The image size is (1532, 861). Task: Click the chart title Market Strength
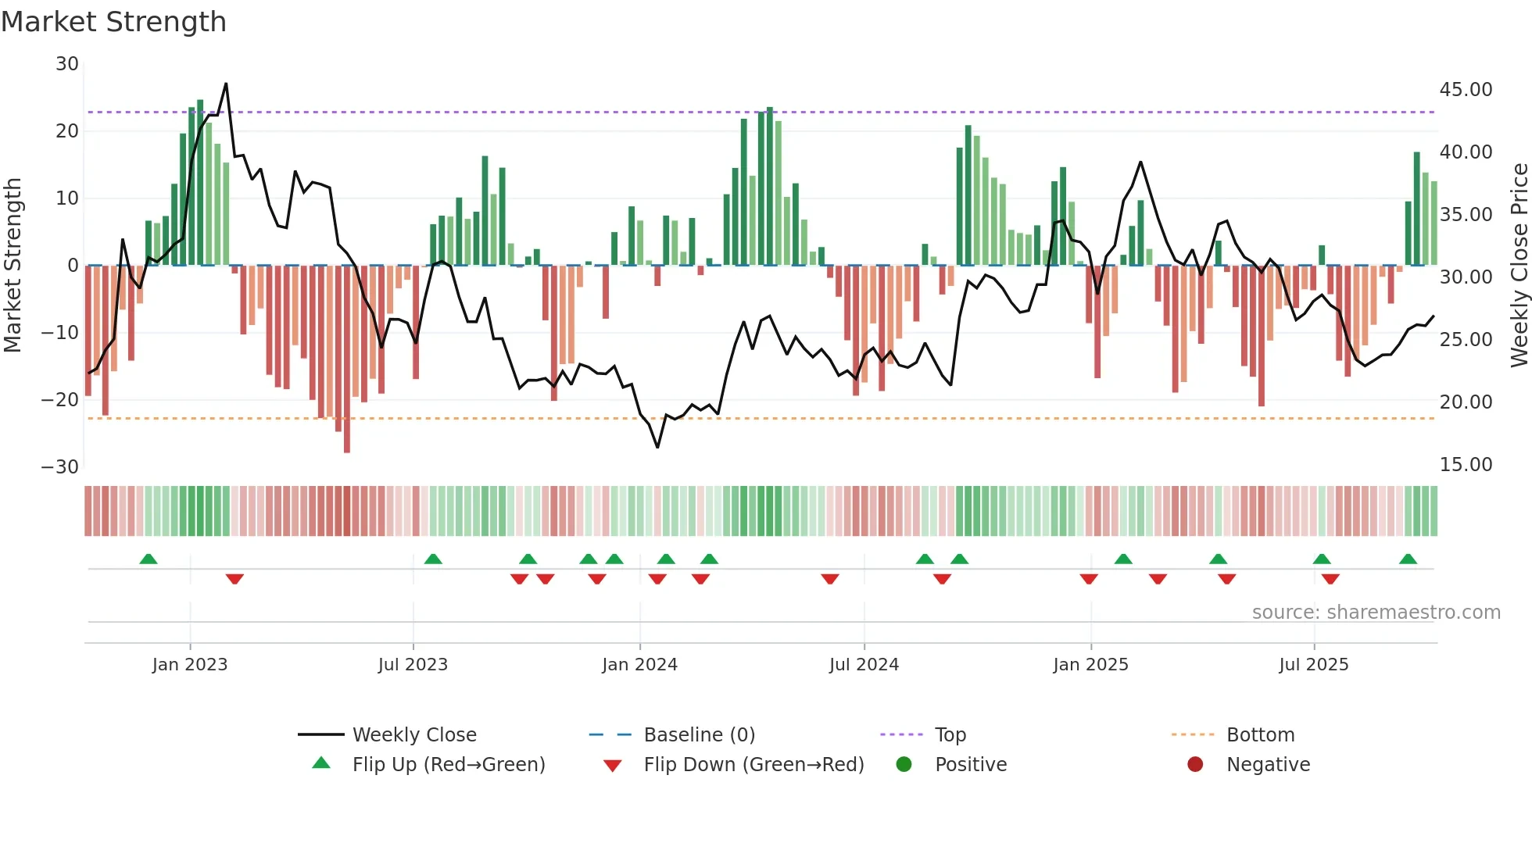click(x=113, y=22)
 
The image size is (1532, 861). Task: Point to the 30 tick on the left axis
click(x=67, y=64)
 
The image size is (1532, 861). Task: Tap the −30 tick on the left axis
click(x=60, y=467)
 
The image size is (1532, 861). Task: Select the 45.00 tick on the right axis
click(x=1466, y=90)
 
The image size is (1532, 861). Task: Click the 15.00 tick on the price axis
click(x=1466, y=465)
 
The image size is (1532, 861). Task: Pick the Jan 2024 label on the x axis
click(x=639, y=665)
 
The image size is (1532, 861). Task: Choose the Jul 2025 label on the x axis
click(x=1313, y=665)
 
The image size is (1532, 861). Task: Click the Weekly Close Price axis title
click(x=1519, y=266)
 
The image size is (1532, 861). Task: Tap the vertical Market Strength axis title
click(x=13, y=266)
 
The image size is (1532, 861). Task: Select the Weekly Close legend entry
click(x=413, y=735)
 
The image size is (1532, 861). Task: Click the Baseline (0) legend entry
click(x=699, y=735)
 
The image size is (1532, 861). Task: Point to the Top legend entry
click(x=950, y=735)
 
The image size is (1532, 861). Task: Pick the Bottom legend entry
click(x=1260, y=735)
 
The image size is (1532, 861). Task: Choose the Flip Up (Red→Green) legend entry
click(x=448, y=765)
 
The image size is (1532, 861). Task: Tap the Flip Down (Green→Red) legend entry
click(x=753, y=765)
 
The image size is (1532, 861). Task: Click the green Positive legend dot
click(x=904, y=765)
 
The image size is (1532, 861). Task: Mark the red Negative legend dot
click(x=1195, y=765)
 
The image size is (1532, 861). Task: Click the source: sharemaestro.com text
click(x=1376, y=613)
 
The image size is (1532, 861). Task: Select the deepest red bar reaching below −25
click(x=347, y=438)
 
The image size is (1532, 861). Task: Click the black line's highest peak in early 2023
click(x=226, y=84)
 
